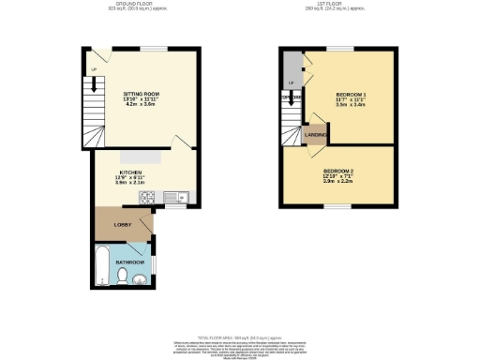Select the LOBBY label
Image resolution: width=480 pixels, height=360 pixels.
coord(121,226)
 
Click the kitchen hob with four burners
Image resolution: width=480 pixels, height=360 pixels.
coord(148,197)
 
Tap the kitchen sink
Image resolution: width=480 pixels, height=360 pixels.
coord(174,197)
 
